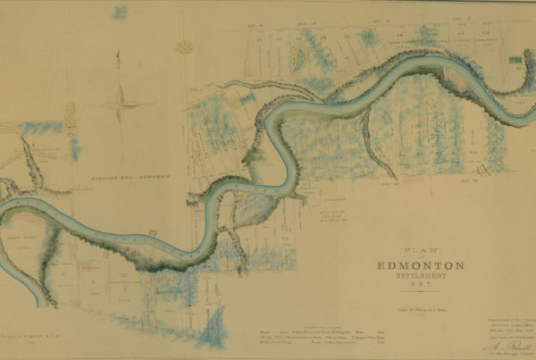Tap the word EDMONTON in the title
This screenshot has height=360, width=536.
419,266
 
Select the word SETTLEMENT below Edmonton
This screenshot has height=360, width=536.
419,278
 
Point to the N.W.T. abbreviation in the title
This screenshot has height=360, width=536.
419,287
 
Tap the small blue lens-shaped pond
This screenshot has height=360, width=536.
299,57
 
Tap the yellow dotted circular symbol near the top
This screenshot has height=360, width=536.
184,46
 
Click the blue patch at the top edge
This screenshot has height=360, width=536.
119,13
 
